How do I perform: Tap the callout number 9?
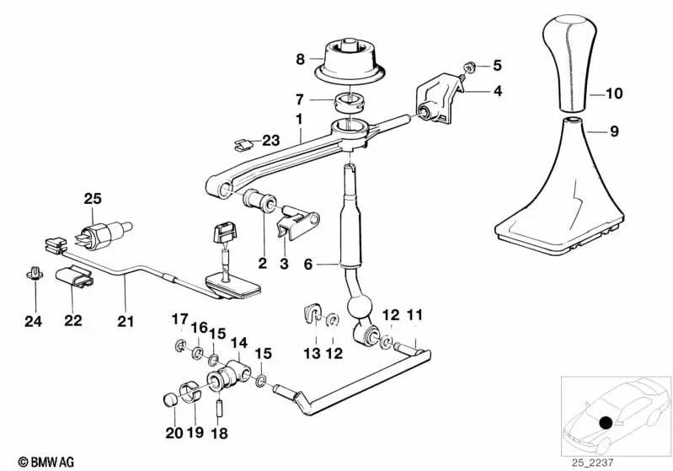pos(614,131)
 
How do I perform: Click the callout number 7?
pos(299,99)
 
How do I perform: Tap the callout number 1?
pos(299,122)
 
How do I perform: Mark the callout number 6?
pos(307,264)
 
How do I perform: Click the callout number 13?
pos(312,354)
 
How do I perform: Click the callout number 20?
pos(173,433)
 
